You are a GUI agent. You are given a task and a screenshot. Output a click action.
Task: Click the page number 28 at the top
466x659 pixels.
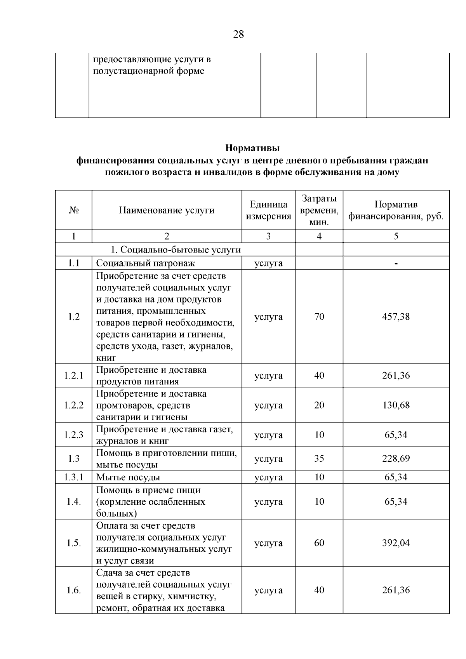238,35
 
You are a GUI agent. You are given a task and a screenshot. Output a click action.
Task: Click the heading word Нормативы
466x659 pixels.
252,148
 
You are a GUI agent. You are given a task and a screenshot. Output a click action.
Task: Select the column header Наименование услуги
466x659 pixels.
167,210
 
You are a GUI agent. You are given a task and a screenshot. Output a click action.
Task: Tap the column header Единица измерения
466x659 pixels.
268,210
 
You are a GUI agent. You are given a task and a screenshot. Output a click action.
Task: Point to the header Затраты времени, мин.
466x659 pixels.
319,210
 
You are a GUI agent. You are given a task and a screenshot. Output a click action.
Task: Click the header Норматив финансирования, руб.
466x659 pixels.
396,210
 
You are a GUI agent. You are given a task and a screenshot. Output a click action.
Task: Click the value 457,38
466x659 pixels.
396,316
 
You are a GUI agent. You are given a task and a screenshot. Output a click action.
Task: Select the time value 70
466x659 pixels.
319,316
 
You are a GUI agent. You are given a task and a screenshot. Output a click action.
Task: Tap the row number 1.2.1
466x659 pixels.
74,376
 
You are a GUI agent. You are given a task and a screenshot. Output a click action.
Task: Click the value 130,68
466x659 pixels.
396,405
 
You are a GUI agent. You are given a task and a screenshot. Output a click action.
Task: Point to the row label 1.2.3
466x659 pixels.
74,435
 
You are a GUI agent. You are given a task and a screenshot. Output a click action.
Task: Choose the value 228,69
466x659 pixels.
396,458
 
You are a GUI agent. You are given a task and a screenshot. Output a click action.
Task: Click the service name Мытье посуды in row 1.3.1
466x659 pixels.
128,477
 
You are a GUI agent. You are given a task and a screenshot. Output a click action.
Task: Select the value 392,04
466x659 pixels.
396,543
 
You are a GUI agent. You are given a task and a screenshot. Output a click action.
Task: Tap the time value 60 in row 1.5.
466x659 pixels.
319,543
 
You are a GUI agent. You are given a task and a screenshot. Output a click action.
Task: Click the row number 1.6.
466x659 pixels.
74,590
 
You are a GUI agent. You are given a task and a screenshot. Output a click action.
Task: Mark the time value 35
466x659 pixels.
319,458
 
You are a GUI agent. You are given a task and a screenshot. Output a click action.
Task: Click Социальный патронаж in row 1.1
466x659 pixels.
145,263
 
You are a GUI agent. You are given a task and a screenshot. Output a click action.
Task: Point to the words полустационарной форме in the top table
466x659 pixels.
149,71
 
